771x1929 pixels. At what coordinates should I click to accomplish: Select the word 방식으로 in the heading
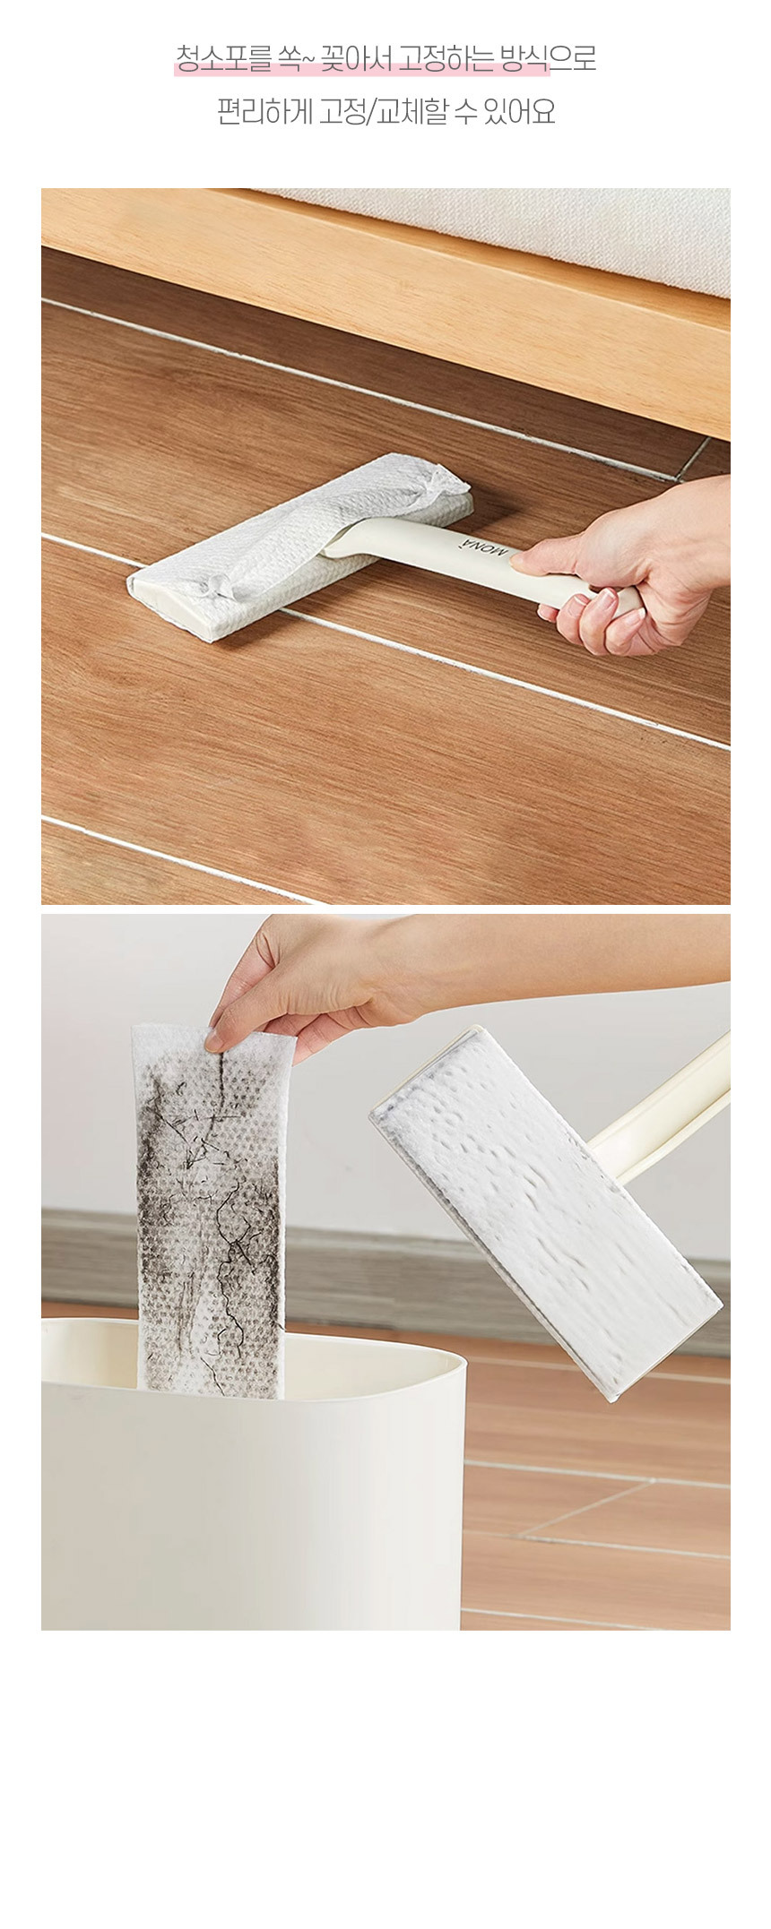(548, 60)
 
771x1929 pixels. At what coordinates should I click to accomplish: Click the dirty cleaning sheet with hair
(212, 1210)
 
